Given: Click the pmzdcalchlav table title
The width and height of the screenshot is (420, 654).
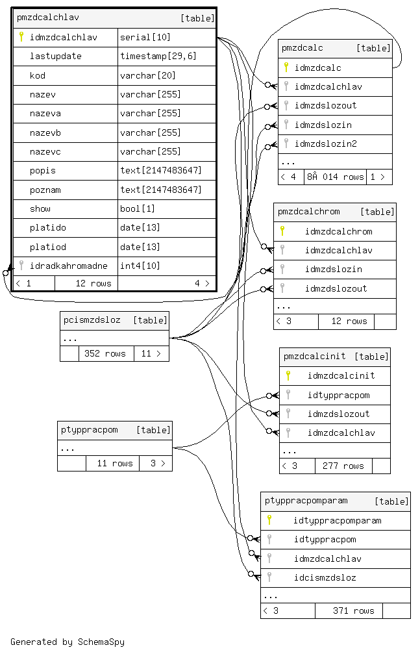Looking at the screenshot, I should (47, 18).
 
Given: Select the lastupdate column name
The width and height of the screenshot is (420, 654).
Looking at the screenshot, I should (56, 57).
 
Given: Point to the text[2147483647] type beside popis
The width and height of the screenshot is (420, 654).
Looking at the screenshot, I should (160, 171).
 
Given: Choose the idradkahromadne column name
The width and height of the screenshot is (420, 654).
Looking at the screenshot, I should (68, 266).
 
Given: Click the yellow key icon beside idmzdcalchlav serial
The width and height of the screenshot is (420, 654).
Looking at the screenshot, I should (21, 37).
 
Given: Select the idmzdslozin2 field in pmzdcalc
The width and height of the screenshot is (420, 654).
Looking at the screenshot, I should (326, 144).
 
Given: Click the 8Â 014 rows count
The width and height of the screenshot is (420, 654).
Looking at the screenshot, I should (334, 177).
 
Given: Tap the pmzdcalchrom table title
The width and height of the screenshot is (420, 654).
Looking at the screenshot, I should (308, 212).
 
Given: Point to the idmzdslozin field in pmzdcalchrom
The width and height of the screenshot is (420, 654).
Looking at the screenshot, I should (333, 270).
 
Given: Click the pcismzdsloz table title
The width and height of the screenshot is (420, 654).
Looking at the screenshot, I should (92, 320).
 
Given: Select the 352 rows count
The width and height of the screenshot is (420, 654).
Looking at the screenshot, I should (105, 354).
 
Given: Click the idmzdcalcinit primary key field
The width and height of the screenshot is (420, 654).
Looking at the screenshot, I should (341, 376).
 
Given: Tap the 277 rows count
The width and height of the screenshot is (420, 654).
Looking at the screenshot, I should (343, 466).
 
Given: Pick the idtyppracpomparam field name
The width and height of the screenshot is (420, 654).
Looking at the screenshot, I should (337, 521).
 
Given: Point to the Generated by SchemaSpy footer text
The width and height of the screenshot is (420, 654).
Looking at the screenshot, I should (68, 642).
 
